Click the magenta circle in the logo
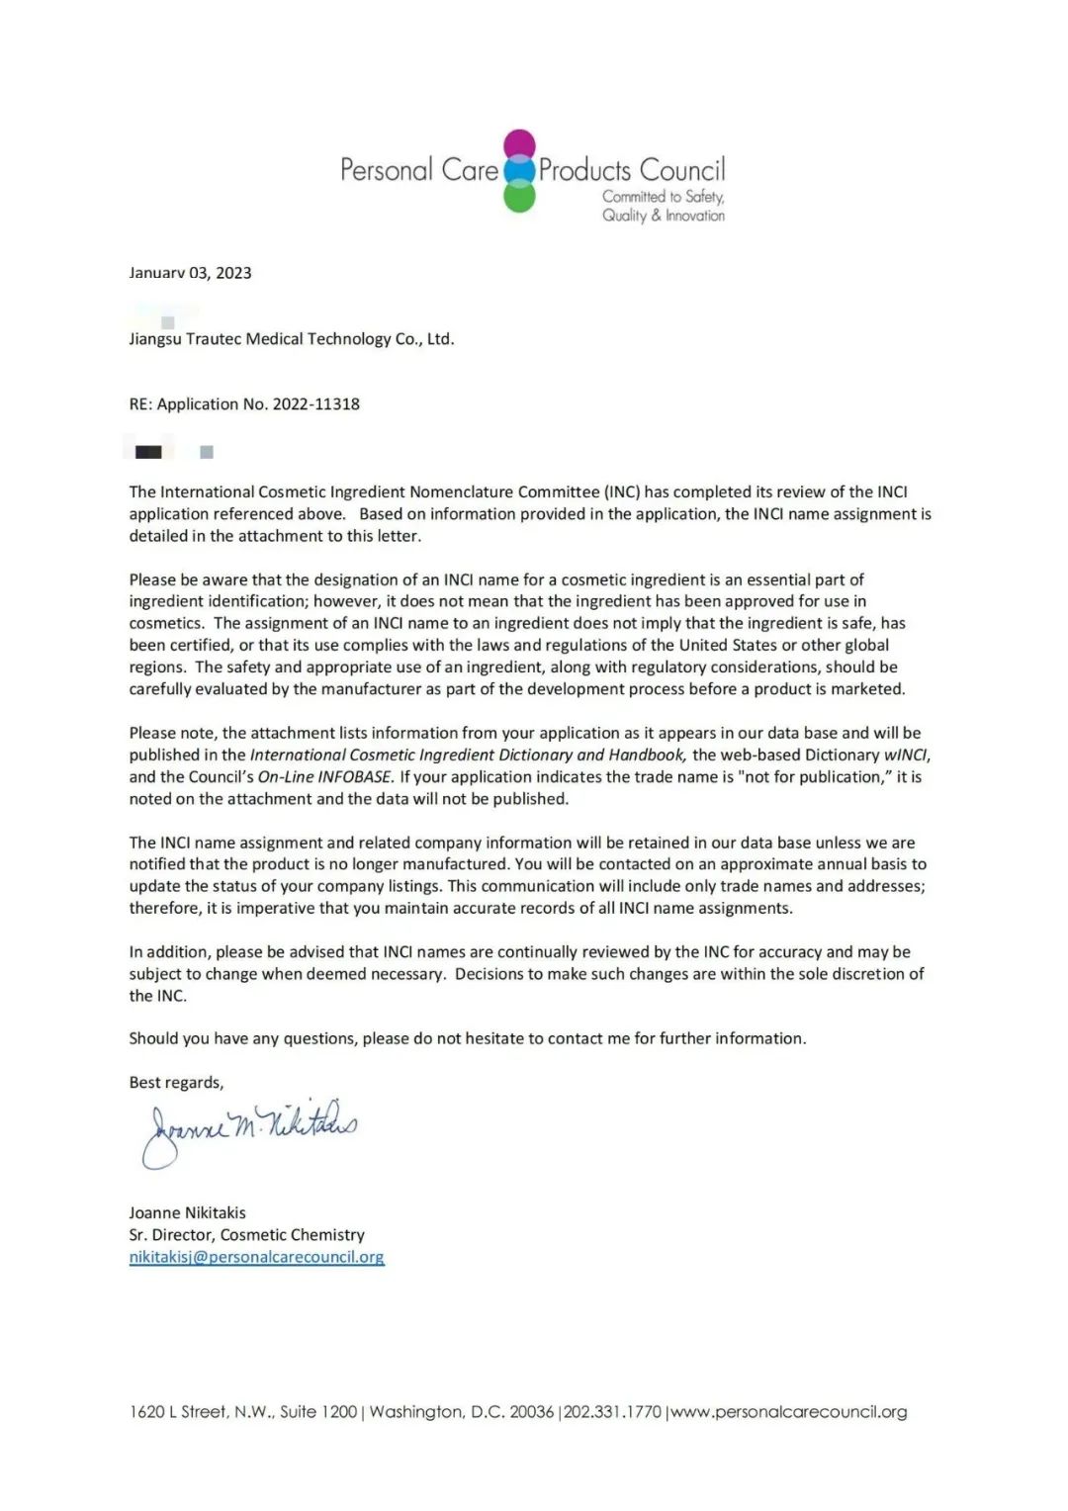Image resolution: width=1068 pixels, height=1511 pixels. [519, 145]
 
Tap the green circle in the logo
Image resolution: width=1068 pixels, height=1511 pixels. [519, 197]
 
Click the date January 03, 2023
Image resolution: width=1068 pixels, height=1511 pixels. [190, 273]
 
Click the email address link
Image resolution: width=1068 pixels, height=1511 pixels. [256, 1257]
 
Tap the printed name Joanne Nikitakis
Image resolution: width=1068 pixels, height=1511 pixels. [187, 1212]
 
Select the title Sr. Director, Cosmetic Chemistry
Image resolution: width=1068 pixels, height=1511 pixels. [246, 1234]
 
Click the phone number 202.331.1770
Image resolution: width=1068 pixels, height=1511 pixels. [612, 1411]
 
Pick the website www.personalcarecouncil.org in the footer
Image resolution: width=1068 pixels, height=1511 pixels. [789, 1411]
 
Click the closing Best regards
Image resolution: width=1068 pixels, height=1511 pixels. [176, 1082]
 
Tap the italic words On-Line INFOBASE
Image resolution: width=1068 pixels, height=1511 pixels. [325, 776]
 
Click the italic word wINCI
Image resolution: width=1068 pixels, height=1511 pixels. [906, 755]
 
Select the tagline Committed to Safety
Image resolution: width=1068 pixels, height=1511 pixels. [663, 196]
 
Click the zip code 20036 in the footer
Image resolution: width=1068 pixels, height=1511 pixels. [531, 1411]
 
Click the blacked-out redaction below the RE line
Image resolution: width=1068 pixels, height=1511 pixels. [148, 452]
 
